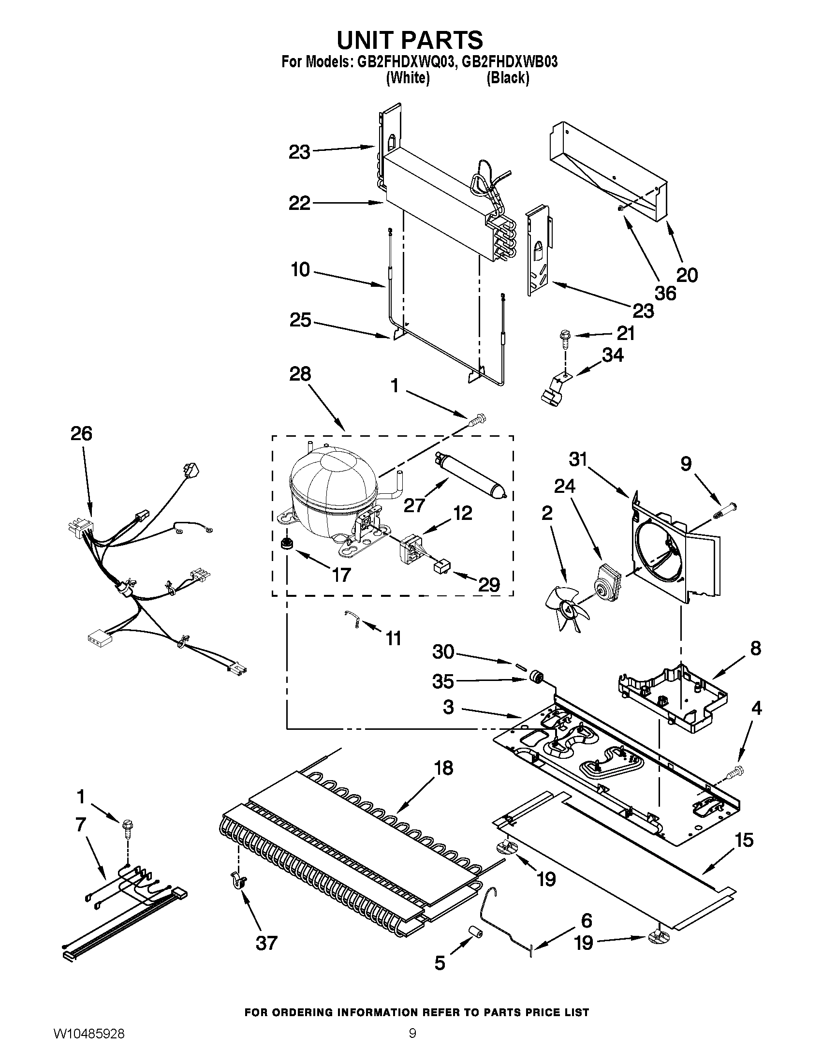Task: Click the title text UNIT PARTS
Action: pyautogui.click(x=410, y=40)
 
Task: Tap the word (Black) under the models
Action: pyautogui.click(x=507, y=78)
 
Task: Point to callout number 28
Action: pyautogui.click(x=299, y=374)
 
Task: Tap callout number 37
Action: pyautogui.click(x=266, y=943)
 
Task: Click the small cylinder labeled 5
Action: pyautogui.click(x=475, y=932)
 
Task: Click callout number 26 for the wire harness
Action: pyautogui.click(x=81, y=433)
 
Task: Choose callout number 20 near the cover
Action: pyautogui.click(x=687, y=276)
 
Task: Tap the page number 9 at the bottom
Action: pyautogui.click(x=412, y=1045)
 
